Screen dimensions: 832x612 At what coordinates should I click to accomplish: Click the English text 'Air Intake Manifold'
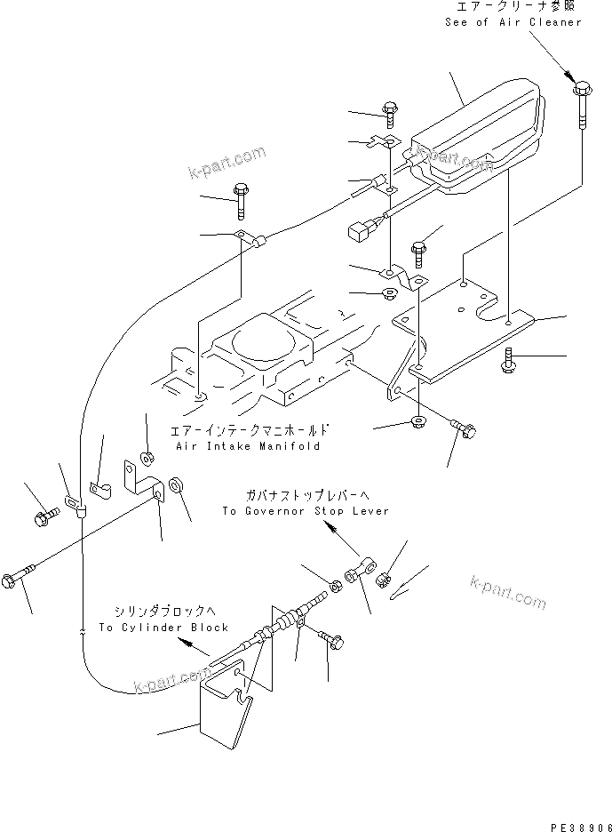(x=246, y=446)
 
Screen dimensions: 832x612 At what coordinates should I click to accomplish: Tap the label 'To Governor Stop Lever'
(x=306, y=511)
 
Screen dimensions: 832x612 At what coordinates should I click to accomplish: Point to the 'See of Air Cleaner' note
(x=513, y=22)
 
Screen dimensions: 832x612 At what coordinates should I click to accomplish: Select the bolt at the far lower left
(x=20, y=578)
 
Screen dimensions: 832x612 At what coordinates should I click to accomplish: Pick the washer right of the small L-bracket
(x=176, y=485)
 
